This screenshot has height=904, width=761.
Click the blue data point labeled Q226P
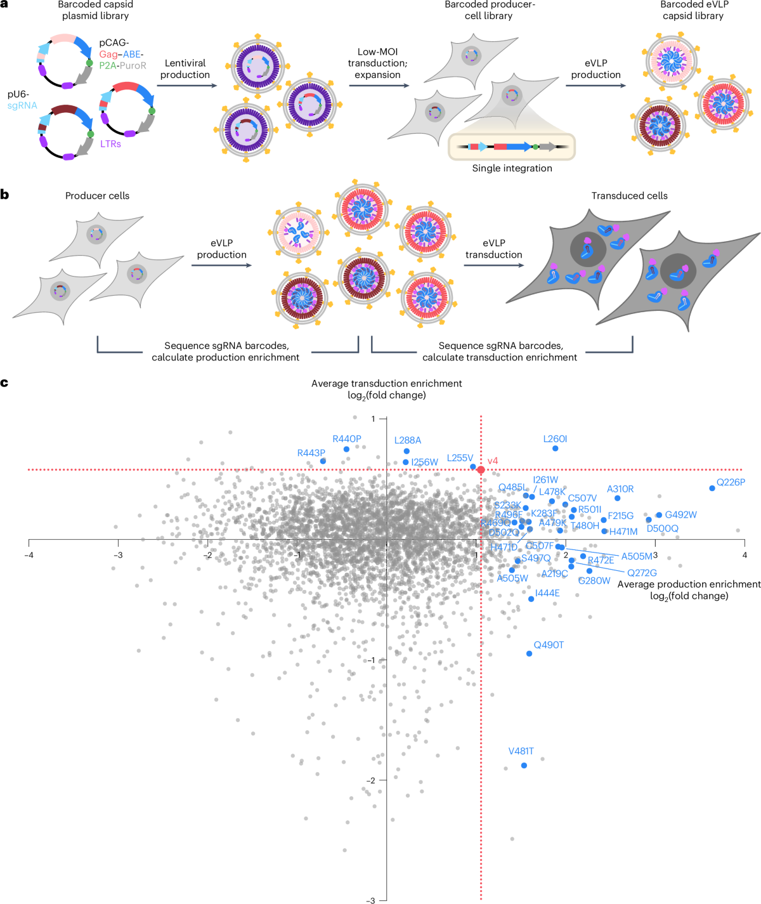(x=712, y=488)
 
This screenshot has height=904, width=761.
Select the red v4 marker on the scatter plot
(x=481, y=470)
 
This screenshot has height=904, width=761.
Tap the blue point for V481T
(x=524, y=765)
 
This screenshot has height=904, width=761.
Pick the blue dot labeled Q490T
(x=530, y=653)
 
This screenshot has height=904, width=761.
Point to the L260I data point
(x=556, y=449)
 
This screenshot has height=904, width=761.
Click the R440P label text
(x=347, y=439)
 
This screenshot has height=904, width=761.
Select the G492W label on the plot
(x=680, y=514)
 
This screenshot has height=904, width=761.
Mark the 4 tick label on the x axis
(x=745, y=555)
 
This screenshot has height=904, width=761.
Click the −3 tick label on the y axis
(x=370, y=900)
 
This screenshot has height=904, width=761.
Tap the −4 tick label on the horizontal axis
(x=29, y=555)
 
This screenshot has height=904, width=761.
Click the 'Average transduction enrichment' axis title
(x=386, y=384)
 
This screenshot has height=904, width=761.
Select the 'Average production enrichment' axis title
(x=689, y=584)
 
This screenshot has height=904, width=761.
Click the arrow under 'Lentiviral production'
(x=185, y=85)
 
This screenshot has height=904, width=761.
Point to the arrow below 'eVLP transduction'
(x=493, y=265)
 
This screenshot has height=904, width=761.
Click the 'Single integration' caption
(x=512, y=168)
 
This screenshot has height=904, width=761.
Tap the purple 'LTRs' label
(x=110, y=144)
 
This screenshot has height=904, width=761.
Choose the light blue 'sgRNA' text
(x=22, y=105)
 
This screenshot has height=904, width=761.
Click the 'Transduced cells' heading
(x=629, y=196)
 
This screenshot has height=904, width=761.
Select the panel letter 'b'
(x=5, y=195)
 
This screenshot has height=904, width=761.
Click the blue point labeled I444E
(x=531, y=599)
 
